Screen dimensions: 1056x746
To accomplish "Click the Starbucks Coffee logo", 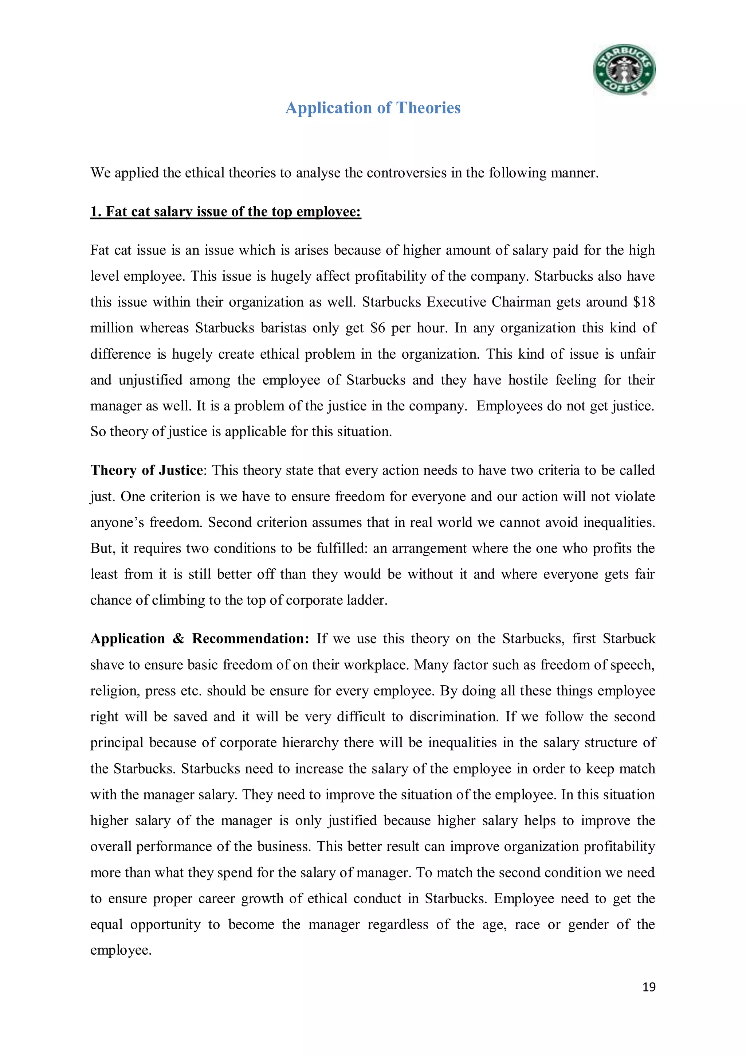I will pyautogui.click(x=624, y=70).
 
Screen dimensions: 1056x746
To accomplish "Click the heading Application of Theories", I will pyautogui.click(x=373, y=108).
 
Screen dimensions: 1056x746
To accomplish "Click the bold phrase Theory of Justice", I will pyautogui.click(x=146, y=470).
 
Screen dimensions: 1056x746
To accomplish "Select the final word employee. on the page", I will pyautogui.click(x=121, y=950).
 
